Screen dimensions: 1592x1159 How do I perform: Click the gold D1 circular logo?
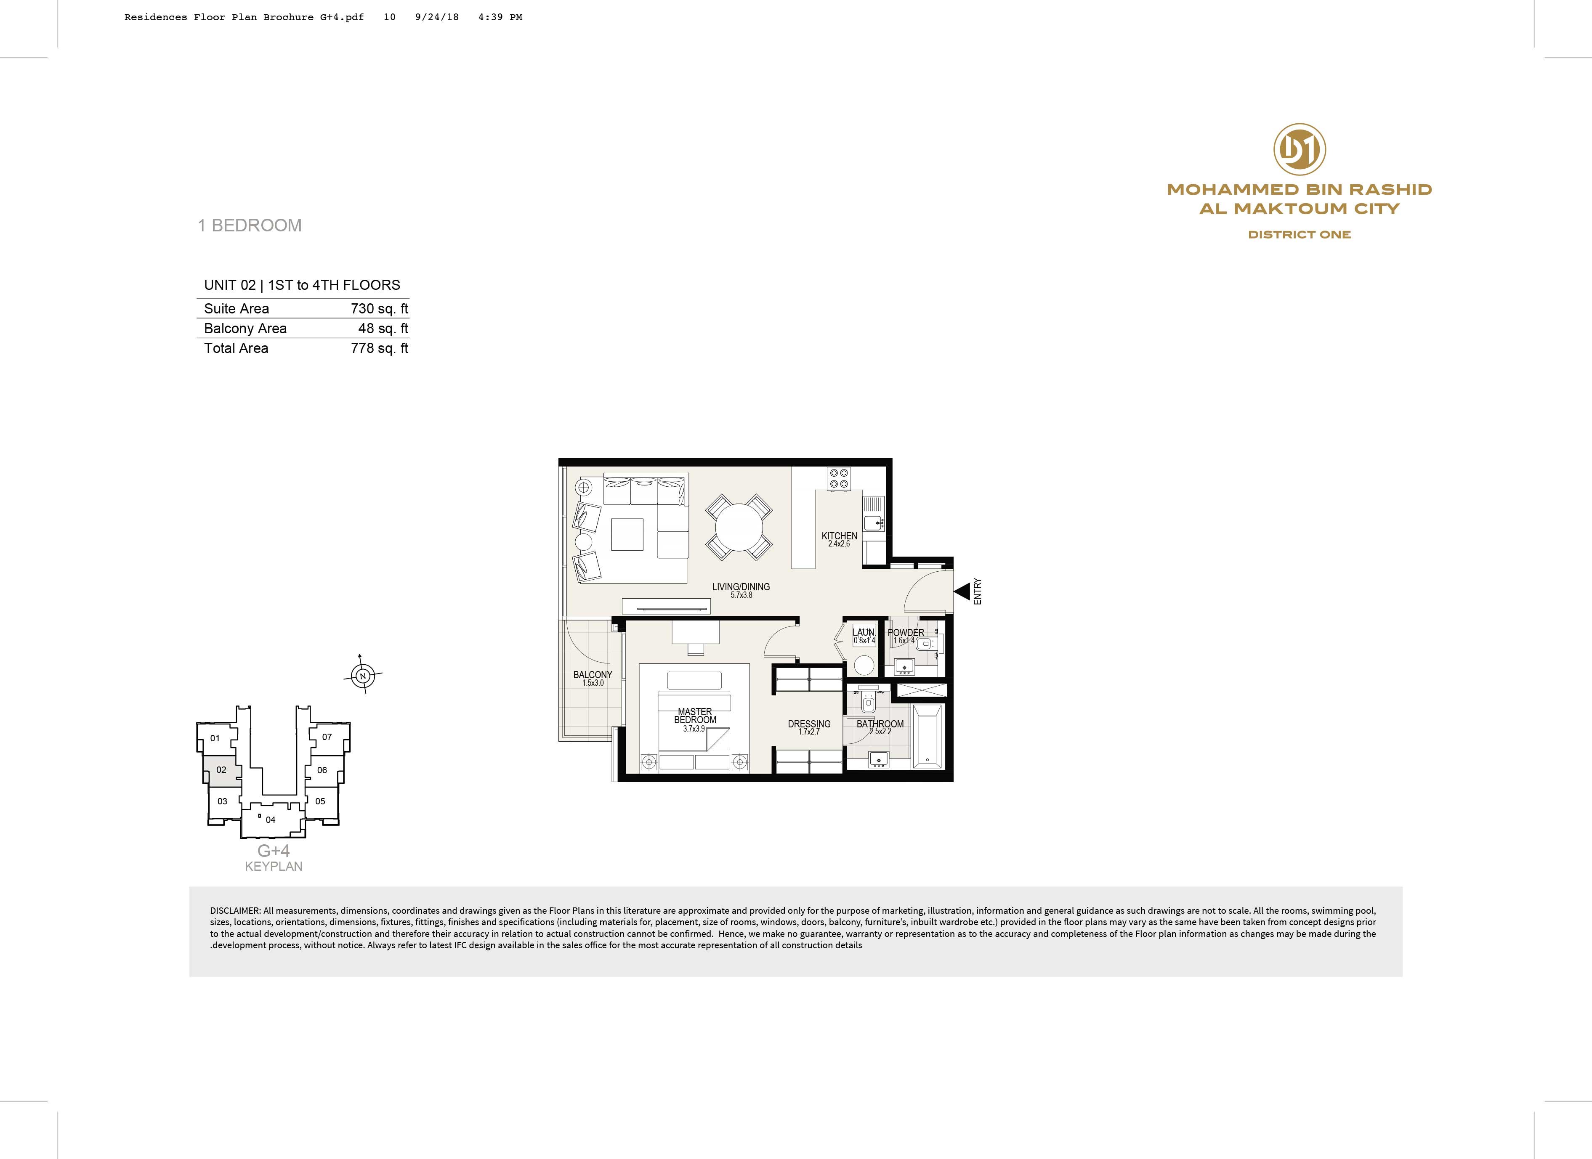click(x=1299, y=149)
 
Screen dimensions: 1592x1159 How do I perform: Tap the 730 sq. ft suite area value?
click(x=379, y=309)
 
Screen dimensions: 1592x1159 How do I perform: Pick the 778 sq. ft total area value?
click(x=379, y=348)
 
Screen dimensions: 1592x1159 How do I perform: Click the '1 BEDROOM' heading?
click(x=250, y=225)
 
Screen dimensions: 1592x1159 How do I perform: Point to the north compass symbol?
click(x=363, y=676)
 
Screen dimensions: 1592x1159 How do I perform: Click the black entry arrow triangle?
click(x=962, y=591)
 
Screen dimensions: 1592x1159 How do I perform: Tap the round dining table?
click(x=739, y=527)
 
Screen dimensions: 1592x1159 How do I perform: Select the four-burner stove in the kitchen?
click(x=839, y=478)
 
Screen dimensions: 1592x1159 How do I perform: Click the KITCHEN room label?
click(x=840, y=536)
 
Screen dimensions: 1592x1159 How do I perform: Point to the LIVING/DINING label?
click(x=741, y=586)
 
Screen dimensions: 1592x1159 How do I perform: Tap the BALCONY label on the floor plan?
click(x=593, y=675)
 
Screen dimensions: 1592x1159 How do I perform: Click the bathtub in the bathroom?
click(x=928, y=737)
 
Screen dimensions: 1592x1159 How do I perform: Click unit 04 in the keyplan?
click(x=271, y=820)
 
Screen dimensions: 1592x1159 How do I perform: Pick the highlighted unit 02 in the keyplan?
click(x=221, y=769)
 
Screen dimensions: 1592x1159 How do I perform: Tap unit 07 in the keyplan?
click(x=327, y=737)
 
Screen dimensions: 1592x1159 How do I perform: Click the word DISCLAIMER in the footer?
click(x=235, y=911)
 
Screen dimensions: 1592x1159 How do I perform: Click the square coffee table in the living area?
click(x=627, y=535)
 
